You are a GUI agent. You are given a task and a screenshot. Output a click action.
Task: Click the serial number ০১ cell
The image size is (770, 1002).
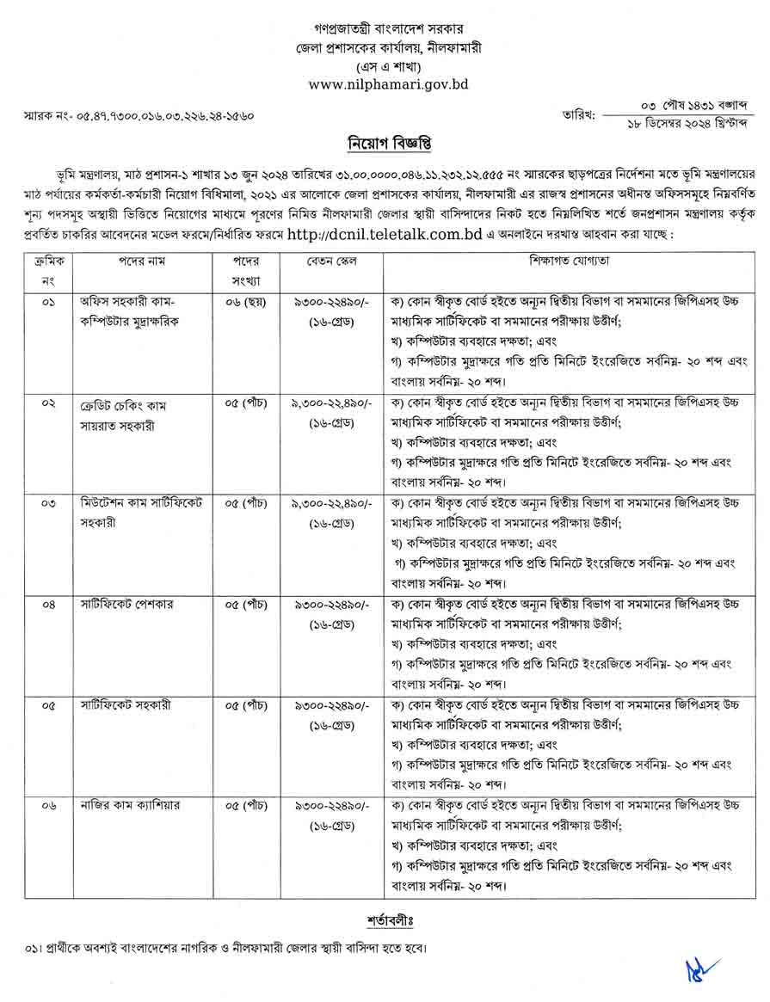pos(46,303)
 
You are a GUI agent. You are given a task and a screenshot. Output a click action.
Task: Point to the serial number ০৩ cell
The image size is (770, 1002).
pos(46,504)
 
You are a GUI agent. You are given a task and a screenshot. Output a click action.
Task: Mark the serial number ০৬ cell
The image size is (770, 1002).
pos(46,805)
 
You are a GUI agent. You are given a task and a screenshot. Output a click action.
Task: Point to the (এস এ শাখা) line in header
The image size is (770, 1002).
pos(385,66)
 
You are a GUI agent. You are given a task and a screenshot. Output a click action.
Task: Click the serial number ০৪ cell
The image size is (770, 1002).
pos(46,604)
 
